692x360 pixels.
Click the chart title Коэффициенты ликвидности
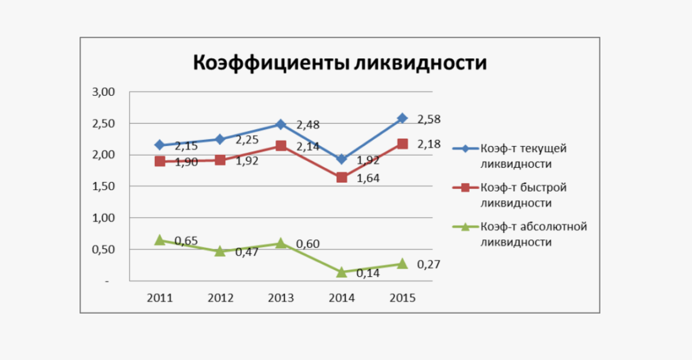[x=339, y=63]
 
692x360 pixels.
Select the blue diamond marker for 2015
[x=402, y=118]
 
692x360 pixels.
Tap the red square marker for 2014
[x=342, y=177]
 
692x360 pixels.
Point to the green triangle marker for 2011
[x=160, y=240]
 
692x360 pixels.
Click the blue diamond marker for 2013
[x=281, y=124]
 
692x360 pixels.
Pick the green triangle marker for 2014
[x=342, y=272]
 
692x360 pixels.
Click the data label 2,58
[x=429, y=119]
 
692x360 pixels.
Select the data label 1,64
[x=368, y=178]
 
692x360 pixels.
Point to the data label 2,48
[x=307, y=125]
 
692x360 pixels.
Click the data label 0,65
[x=186, y=241]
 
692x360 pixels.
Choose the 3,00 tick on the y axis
[x=103, y=92]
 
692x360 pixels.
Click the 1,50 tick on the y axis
[x=103, y=186]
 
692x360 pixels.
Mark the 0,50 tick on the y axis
[x=103, y=249]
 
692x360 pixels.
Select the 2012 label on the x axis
[x=220, y=298]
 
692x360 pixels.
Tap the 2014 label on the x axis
[x=342, y=298]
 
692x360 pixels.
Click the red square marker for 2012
[x=220, y=160]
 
